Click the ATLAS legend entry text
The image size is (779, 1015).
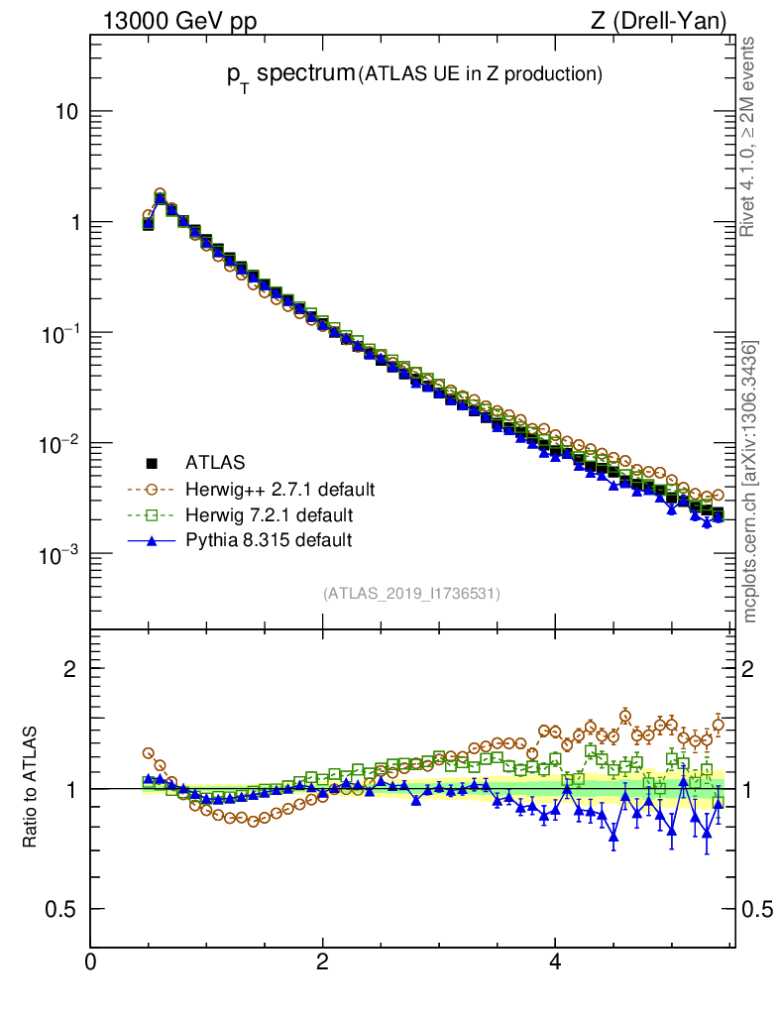[x=215, y=463]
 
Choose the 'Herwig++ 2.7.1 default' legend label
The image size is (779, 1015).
[x=279, y=489]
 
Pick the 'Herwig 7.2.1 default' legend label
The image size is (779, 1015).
[x=270, y=514]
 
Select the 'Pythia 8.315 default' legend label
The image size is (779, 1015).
[x=269, y=540]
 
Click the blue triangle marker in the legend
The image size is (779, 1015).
[x=153, y=540]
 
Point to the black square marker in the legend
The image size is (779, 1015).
[x=153, y=463]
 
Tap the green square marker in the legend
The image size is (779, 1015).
[x=153, y=514]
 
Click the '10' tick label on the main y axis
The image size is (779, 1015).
[x=67, y=112]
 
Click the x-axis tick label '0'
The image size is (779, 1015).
[x=91, y=962]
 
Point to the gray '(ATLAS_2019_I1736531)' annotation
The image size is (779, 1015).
[x=411, y=594]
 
